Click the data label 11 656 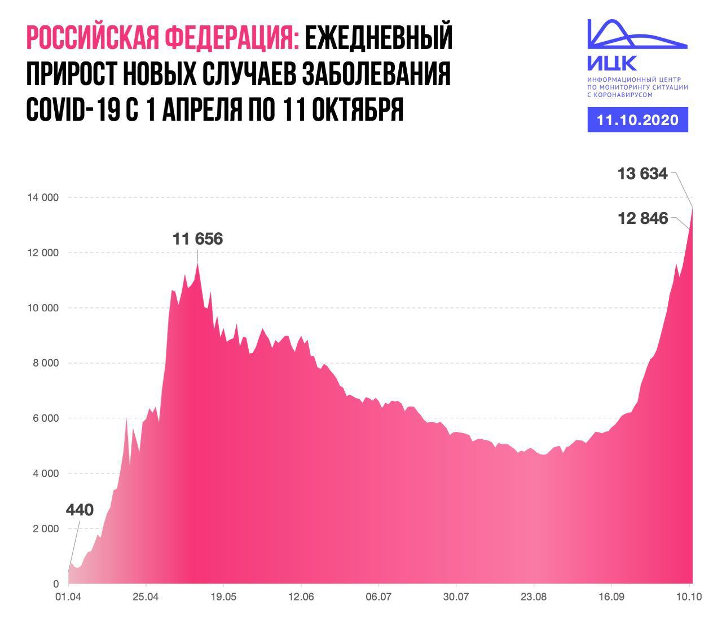coord(197,239)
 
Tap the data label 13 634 coord(642,174)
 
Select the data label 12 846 coord(643,218)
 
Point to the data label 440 coord(80,510)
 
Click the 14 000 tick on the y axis coord(43,197)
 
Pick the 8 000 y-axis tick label coord(45,363)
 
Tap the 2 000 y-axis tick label coord(45,529)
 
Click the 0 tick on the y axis coord(55,584)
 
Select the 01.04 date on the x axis coord(68,597)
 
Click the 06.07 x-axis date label coord(378,597)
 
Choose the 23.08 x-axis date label coord(534,597)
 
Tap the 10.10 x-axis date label coord(689,597)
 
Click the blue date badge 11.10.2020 coord(637,120)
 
